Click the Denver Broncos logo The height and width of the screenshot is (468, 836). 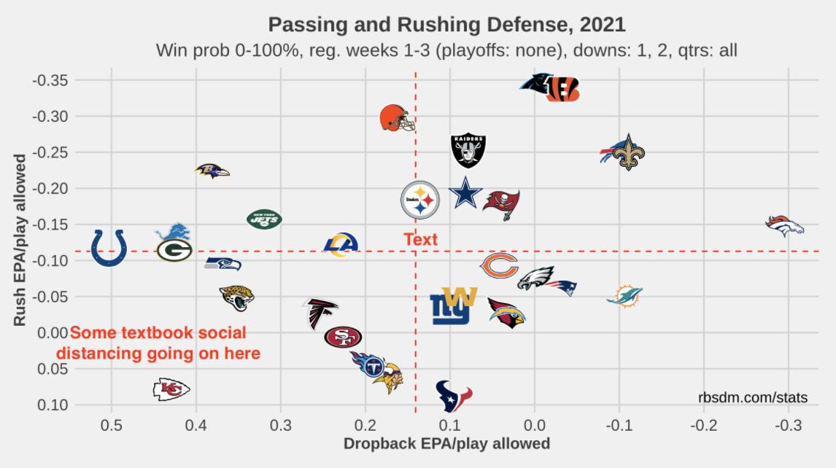click(784, 226)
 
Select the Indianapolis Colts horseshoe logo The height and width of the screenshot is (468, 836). click(110, 248)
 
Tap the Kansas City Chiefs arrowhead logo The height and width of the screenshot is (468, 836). click(171, 390)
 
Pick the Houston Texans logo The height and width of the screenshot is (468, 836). click(454, 396)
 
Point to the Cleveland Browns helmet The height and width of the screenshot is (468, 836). click(397, 117)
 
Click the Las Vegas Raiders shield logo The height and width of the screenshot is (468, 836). click(468, 151)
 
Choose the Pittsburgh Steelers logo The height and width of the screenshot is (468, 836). click(420, 200)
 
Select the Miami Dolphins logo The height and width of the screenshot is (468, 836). click(624, 296)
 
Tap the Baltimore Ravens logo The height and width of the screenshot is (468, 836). click(212, 171)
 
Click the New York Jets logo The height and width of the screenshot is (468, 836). click(264, 218)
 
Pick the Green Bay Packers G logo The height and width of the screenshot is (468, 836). click(174, 251)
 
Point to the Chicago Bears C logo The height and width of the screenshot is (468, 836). click(499, 266)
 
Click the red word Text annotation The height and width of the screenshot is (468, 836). click(420, 239)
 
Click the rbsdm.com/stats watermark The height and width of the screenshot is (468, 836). click(752, 397)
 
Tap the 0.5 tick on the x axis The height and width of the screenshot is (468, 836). click(112, 425)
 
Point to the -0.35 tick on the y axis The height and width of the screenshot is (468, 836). click(50, 80)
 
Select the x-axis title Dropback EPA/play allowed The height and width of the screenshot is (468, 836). click(446, 443)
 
